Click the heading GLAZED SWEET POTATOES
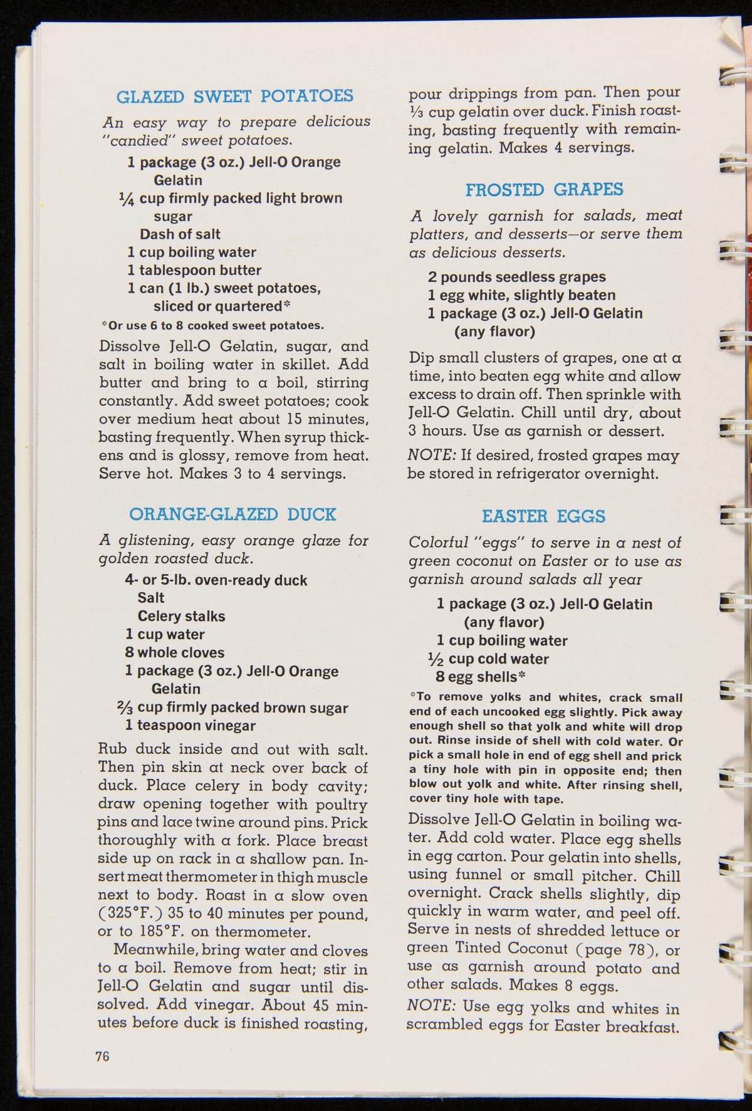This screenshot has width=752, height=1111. (x=234, y=96)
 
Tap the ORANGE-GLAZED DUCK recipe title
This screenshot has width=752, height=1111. (x=232, y=514)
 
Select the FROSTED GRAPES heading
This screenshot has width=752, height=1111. (x=544, y=190)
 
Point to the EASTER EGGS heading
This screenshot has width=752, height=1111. (x=543, y=516)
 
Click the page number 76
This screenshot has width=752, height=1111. (x=102, y=1056)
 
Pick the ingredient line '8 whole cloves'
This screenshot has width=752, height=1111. (x=174, y=652)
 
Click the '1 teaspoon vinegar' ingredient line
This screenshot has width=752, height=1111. (x=190, y=725)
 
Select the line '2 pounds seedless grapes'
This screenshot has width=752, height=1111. (x=516, y=277)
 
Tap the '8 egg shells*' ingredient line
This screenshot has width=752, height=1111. (x=480, y=677)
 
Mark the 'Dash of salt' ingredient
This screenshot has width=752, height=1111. (x=180, y=234)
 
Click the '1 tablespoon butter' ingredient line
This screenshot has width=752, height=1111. (x=194, y=270)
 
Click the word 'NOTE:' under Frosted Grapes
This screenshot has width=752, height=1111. (x=431, y=455)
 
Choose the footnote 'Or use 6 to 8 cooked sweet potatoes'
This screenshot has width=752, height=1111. (x=213, y=325)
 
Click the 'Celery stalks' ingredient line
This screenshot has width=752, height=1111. (x=181, y=616)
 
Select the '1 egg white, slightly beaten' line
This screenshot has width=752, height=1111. (x=521, y=295)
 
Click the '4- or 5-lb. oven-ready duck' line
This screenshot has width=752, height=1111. (x=216, y=580)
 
